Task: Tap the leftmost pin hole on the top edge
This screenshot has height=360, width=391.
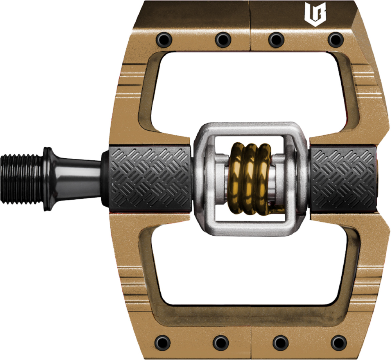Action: [163, 39]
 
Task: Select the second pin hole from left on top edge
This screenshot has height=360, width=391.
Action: [222, 39]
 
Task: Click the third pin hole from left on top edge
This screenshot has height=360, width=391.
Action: [276, 39]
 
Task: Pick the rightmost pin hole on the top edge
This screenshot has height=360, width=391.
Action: [335, 39]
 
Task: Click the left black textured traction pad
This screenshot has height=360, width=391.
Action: [151, 178]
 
